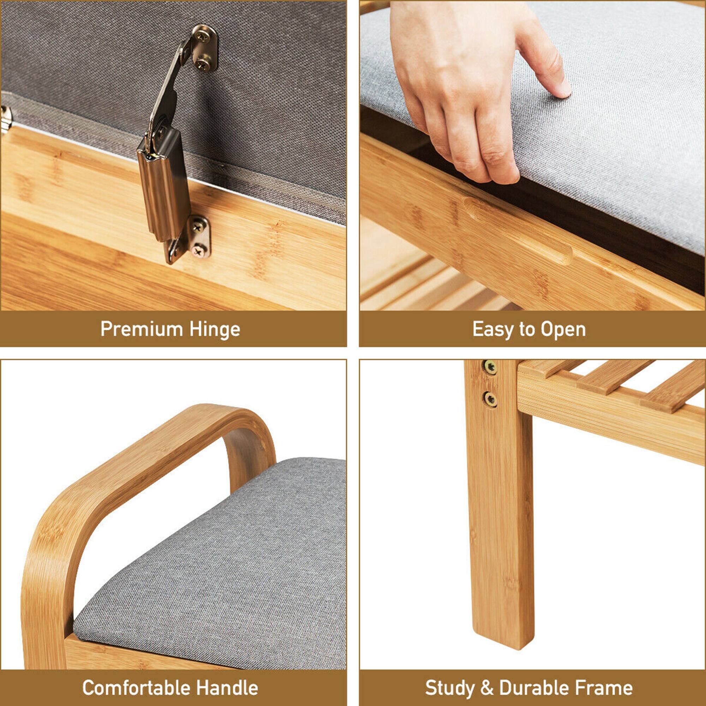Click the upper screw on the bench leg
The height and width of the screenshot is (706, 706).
click(x=490, y=366)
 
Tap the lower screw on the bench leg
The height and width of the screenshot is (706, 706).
click(x=490, y=399)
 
